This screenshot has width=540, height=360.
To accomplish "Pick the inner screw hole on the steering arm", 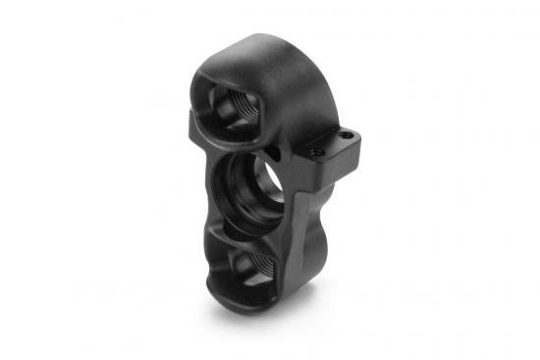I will click(x=316, y=152).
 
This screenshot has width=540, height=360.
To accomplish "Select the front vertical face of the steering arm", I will click(x=334, y=162).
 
